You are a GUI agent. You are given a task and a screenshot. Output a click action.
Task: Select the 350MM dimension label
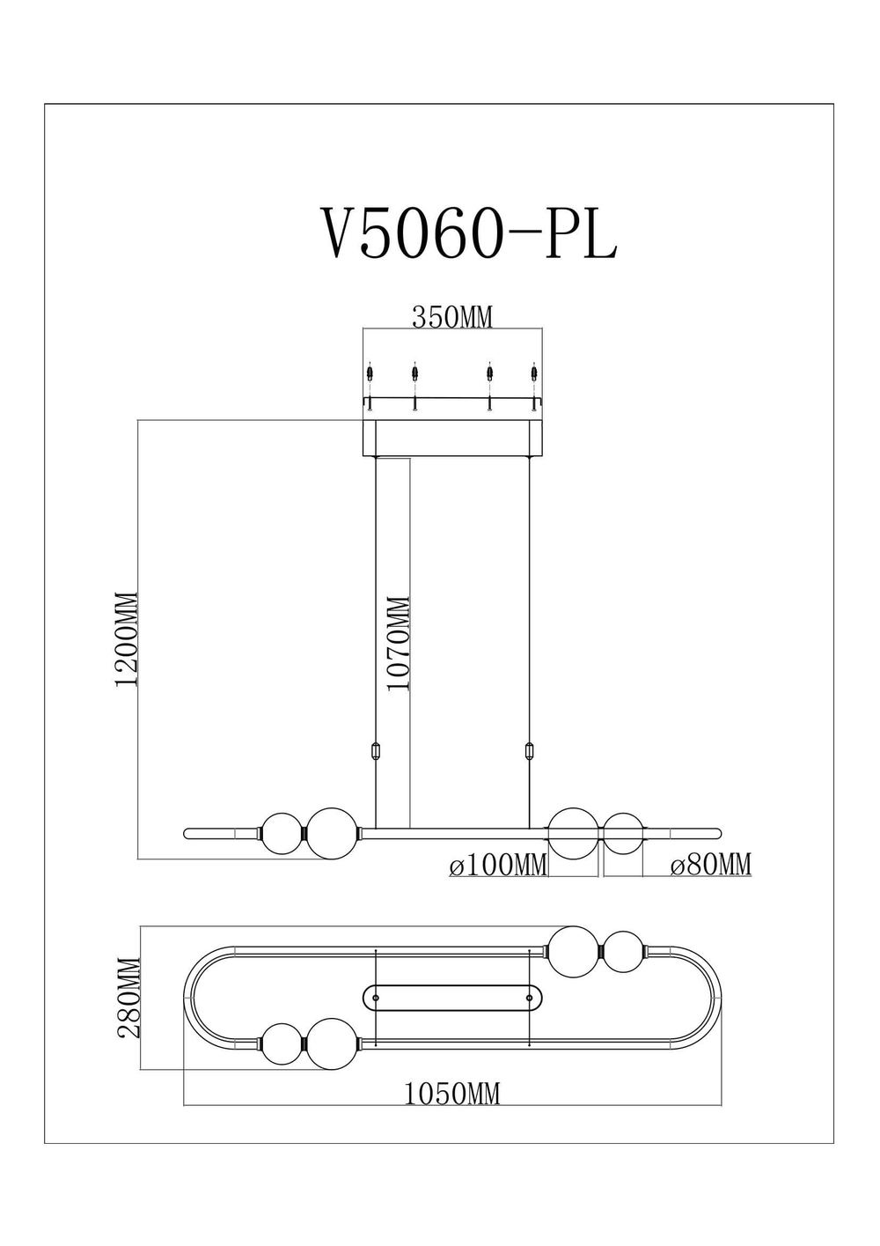coord(452,317)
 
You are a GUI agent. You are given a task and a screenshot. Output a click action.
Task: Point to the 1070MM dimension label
coord(399,644)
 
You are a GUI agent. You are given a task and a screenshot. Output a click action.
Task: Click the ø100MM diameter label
coord(498,866)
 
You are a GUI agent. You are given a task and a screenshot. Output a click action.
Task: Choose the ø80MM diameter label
coord(710,866)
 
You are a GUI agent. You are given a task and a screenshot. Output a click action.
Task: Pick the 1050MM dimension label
coord(452,1094)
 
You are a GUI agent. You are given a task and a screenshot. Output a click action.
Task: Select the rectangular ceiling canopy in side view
coord(452,438)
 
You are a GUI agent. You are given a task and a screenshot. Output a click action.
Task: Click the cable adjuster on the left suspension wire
coord(377,752)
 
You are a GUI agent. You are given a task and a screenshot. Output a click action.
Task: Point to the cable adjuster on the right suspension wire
coord(529,752)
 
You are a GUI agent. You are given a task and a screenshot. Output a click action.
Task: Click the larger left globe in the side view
coord(331,831)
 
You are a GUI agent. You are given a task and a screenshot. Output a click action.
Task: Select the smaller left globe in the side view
coord(282,832)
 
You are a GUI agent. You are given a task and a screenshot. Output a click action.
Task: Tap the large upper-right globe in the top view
coord(574,952)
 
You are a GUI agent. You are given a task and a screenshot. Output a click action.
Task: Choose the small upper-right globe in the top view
coord(624,953)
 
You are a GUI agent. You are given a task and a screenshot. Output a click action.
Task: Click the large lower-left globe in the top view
coord(332,1043)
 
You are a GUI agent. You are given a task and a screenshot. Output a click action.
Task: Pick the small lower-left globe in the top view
coord(282,1044)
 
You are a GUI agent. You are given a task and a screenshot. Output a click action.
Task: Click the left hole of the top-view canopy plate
coord(377,998)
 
